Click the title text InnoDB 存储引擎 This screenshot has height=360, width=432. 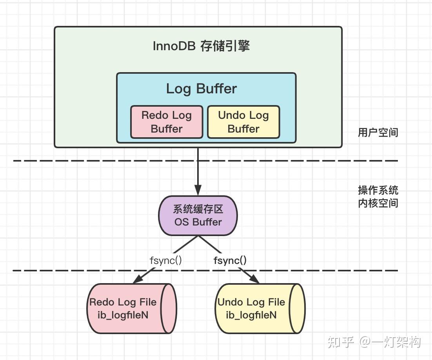tap(201, 46)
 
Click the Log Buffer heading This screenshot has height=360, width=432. tap(201, 89)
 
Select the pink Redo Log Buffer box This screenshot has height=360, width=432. tap(167, 122)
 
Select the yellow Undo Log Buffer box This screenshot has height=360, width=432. tap(243, 122)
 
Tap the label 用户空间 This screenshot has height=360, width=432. tap(378, 133)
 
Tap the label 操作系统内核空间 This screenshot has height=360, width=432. tap(378, 196)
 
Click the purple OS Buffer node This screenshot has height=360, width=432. tap(198, 216)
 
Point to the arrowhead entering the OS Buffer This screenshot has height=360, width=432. tap(198, 191)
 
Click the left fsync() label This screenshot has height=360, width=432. tap(165, 260)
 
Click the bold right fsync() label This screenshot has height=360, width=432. tap(230, 260)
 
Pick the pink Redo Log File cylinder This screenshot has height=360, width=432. tap(132, 309)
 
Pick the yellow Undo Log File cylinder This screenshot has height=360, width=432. tap(260, 309)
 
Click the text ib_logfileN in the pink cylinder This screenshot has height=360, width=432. tap(123, 315)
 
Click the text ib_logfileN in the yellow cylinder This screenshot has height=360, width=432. tap(251, 315)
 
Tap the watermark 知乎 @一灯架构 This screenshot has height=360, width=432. tap(374, 342)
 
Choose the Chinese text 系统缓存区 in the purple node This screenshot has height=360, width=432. tap(198, 209)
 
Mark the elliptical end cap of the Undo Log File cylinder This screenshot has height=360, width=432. tap(297, 309)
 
